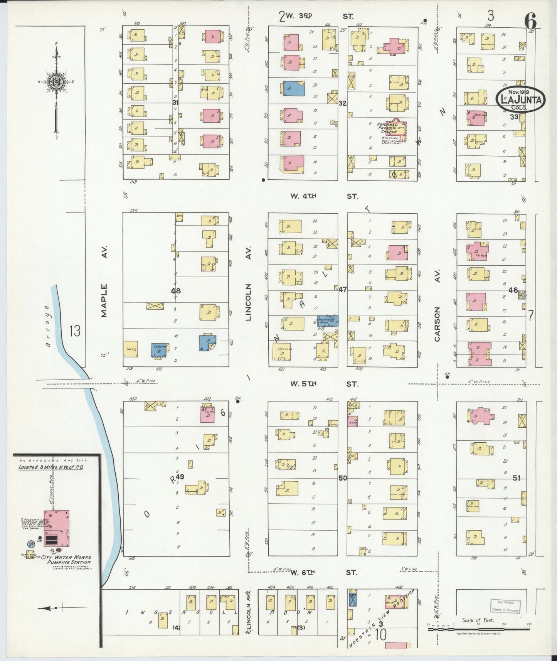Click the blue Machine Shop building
pos(328,320)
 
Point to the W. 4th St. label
pos(324,196)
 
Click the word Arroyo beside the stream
pos(47,327)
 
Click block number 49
pos(180,477)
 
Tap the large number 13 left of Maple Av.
pos(75,331)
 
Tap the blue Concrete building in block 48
pos(159,349)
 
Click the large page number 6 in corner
pos(530,22)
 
